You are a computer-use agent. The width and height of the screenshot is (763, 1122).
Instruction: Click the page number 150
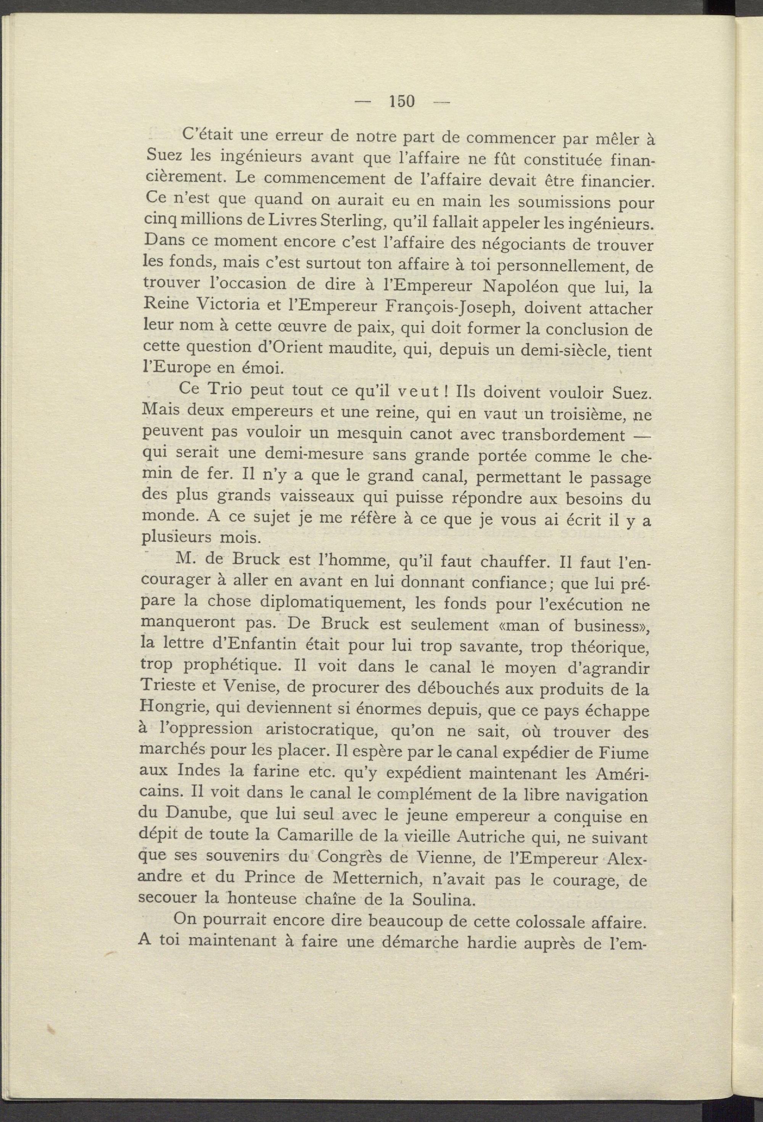tap(401, 102)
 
